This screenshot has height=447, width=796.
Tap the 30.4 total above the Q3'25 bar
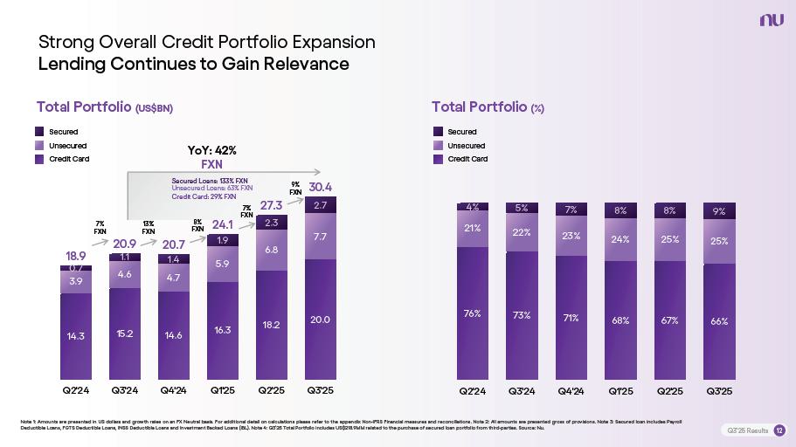321,187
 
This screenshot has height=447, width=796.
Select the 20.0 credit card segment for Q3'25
321,320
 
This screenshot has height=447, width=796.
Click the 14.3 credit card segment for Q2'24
76,334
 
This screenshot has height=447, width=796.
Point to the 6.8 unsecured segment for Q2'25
272,250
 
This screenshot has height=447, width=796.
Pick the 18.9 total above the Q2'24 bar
76,256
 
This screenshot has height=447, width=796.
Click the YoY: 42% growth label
212,150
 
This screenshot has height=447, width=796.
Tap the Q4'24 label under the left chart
174,389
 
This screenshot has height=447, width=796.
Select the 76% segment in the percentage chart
473,313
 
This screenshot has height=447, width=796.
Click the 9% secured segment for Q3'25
719,210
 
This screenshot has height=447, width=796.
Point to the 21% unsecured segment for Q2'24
473,229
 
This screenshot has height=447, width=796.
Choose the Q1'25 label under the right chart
621,389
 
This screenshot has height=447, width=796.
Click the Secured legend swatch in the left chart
41,132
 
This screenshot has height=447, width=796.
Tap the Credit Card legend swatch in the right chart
440,159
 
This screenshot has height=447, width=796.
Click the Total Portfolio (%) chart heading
488,107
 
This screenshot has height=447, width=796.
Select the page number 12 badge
779,430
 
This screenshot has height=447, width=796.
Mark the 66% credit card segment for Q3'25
719,321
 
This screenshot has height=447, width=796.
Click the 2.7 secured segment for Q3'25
321,205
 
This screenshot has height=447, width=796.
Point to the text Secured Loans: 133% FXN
210,180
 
